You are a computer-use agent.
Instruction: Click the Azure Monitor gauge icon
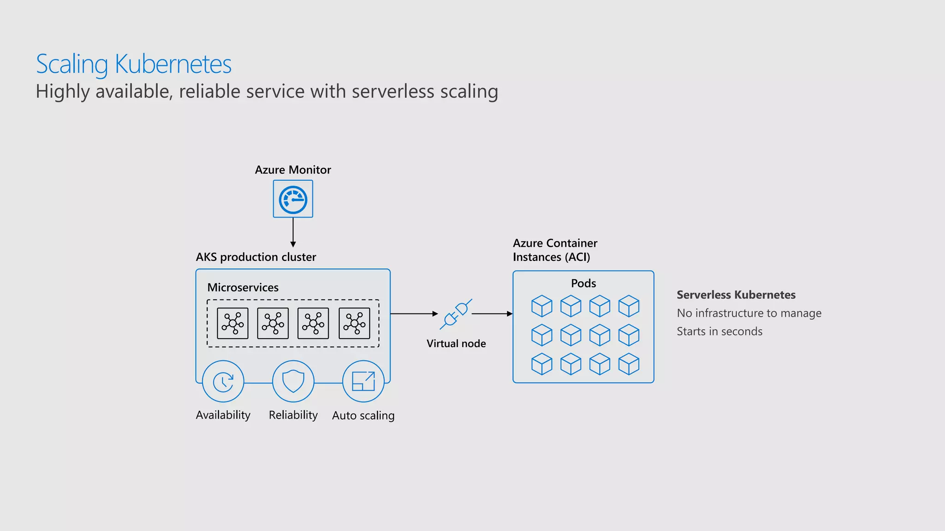[x=293, y=199]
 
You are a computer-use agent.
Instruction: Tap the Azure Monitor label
[x=293, y=170]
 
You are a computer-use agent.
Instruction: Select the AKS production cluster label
[x=256, y=257]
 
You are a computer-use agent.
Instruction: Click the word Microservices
[x=243, y=288]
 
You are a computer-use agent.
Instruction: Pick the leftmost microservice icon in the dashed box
[x=233, y=324]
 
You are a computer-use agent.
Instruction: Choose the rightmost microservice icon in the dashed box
[x=354, y=324]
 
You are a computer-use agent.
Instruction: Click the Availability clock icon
[x=223, y=382]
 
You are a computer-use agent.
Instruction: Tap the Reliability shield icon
[x=293, y=382]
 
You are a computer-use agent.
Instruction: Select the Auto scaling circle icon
[x=364, y=382]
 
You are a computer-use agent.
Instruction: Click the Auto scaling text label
[x=364, y=416]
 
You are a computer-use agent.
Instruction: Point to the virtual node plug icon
[x=456, y=314]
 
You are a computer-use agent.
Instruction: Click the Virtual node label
[x=456, y=344]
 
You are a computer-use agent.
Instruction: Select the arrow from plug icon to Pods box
[x=492, y=314]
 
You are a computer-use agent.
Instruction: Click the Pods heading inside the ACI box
[x=583, y=283]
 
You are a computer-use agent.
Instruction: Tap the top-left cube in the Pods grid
[x=542, y=306]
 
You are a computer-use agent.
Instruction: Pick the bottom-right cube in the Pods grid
[x=628, y=364]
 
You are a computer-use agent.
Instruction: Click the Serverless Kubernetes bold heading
[x=736, y=295]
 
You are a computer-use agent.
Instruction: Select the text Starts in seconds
[x=719, y=332]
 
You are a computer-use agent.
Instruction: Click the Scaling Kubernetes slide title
[x=134, y=64]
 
